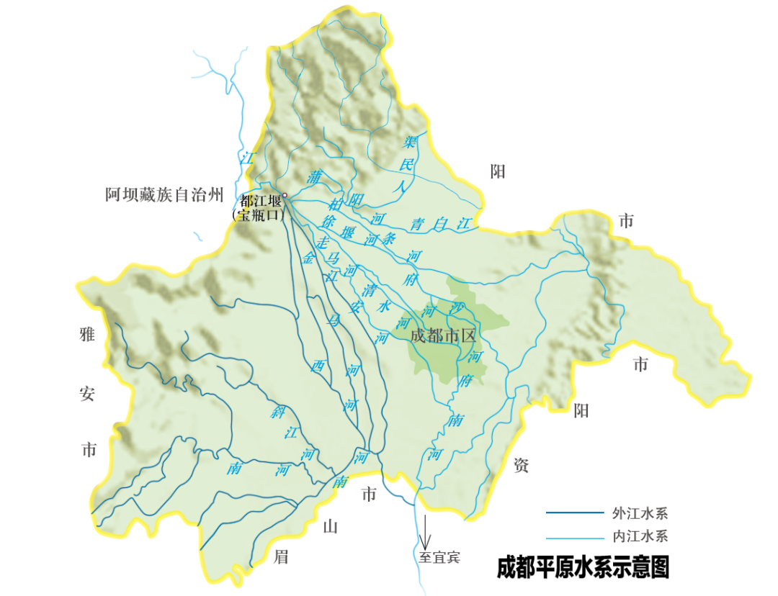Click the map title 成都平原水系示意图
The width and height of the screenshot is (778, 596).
[583, 566]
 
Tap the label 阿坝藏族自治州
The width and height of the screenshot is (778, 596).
[164, 194]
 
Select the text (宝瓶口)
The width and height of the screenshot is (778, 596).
[256, 215]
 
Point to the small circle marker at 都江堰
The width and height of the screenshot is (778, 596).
[285, 195]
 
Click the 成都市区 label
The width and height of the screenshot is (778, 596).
[443, 335]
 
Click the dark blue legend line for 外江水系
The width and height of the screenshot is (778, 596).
[574, 513]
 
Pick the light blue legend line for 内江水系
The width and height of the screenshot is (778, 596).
[574, 537]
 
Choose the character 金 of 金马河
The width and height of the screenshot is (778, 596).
[310, 257]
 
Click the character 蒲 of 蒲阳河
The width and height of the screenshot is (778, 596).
[314, 176]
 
